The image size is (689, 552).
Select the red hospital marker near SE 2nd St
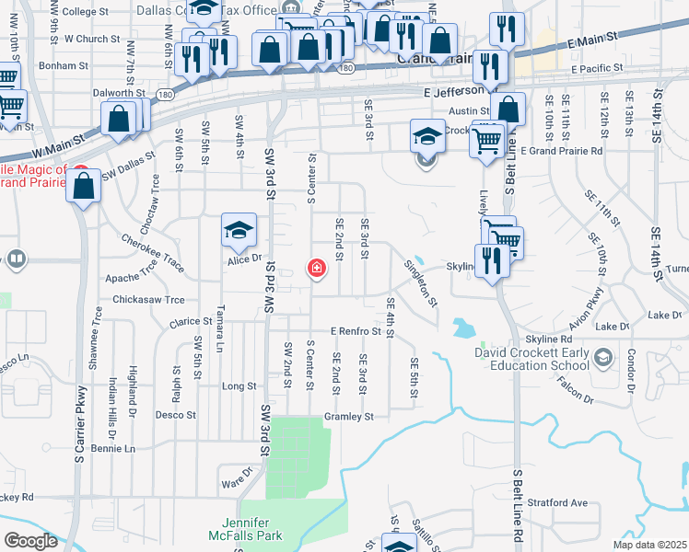tap(316, 269)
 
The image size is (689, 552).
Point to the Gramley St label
tap(348, 417)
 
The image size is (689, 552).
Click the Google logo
tap(30, 541)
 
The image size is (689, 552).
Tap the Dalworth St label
tap(120, 93)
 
